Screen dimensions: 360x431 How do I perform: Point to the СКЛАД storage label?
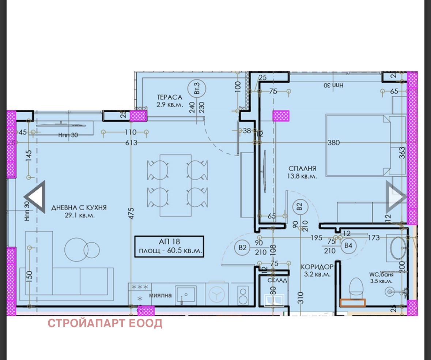coord(277,280)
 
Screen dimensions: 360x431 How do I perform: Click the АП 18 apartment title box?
coord(169,247)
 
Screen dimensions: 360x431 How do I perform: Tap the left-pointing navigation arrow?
coord(36,197)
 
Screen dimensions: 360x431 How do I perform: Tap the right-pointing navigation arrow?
coord(396,197)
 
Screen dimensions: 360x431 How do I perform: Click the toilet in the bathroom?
coord(356,288)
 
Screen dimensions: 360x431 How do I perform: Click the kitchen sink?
coord(186,295)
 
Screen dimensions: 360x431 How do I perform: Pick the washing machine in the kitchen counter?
coord(217,294)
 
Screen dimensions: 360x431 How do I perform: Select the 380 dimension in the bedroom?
coord(333,143)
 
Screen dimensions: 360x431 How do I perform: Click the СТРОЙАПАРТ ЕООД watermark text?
coord(105,324)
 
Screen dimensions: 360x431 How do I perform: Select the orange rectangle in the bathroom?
coord(352,303)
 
